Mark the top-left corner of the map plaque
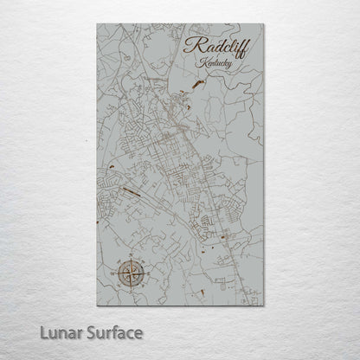coord(97,24)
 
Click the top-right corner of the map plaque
coord(263,24)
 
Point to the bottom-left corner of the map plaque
coord(97,305)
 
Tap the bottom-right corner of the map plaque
coord(263,305)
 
